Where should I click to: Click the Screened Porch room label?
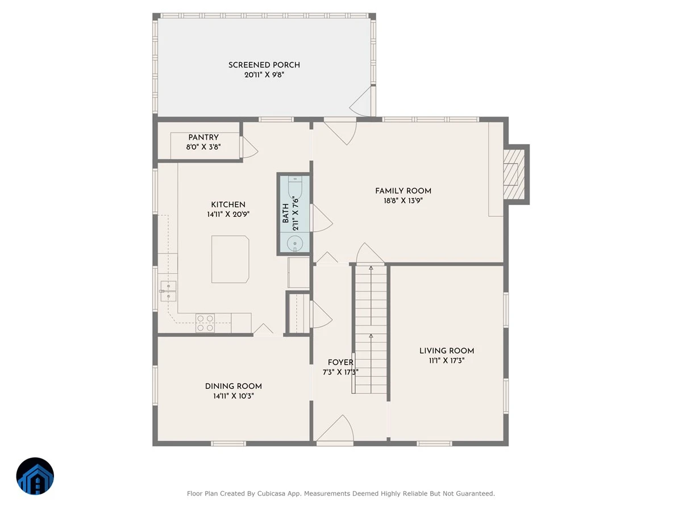(x=264, y=65)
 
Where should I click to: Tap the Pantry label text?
(x=203, y=137)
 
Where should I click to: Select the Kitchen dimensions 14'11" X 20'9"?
(x=228, y=214)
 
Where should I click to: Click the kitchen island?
(x=230, y=259)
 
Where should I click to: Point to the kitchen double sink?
(x=168, y=291)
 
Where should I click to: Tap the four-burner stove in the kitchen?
(x=205, y=323)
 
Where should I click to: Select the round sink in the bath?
(x=294, y=243)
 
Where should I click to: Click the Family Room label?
(x=403, y=191)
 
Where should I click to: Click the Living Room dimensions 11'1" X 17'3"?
(x=447, y=360)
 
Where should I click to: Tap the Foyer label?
(x=340, y=362)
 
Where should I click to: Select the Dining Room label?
(x=234, y=386)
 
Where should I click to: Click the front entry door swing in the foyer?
(x=335, y=429)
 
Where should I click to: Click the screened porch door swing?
(x=360, y=102)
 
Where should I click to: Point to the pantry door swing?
(x=249, y=147)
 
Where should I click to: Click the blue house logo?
(x=35, y=476)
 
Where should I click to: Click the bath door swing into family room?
(x=322, y=218)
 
